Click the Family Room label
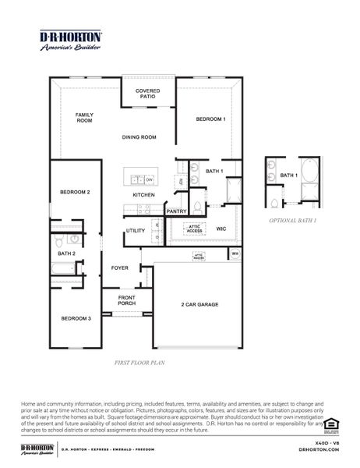[84, 118]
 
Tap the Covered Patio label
[148, 94]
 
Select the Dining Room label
[139, 137]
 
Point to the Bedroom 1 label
[210, 119]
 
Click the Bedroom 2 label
[76, 191]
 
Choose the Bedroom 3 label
[76, 318]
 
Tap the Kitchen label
[143, 194]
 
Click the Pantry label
[177, 211]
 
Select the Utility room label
[136, 231]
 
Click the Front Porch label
[127, 300]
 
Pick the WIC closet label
[221, 229]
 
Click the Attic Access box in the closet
[194, 229]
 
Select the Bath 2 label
[66, 253]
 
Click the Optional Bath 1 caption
[292, 222]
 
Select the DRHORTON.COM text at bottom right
[326, 451]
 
